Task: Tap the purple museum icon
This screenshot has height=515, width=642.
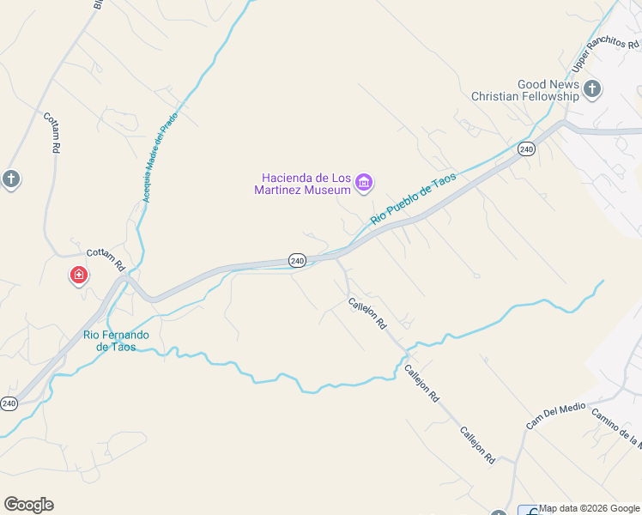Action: (x=364, y=182)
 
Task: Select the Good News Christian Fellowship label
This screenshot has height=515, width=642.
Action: (x=525, y=90)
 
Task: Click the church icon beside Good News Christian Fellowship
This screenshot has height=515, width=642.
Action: (x=592, y=88)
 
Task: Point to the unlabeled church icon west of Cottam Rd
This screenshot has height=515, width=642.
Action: (x=10, y=179)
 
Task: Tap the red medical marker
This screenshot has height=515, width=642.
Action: (x=78, y=276)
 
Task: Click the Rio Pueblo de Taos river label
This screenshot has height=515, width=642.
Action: (x=413, y=198)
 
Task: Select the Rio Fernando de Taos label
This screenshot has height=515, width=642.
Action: (x=116, y=341)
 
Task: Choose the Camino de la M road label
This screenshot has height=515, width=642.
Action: (x=616, y=428)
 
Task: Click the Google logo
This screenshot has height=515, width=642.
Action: (x=28, y=505)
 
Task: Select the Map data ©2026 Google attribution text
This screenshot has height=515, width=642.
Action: (x=590, y=508)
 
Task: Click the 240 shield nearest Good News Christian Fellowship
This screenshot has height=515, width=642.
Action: (x=526, y=149)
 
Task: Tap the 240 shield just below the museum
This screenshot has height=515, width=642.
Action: (x=297, y=260)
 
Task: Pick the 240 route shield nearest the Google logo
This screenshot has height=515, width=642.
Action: (x=9, y=403)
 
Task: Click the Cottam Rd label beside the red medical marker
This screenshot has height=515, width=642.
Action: (x=106, y=258)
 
